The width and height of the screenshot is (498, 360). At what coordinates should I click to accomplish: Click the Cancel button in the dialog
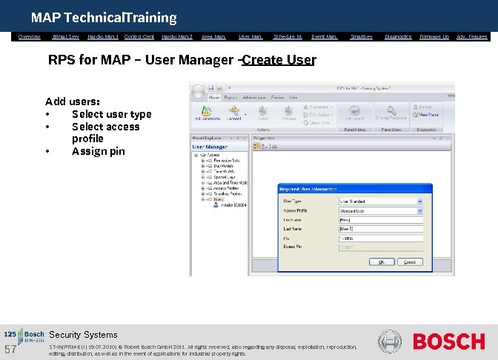click(x=408, y=261)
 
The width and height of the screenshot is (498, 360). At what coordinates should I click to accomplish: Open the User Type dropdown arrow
click(x=420, y=201)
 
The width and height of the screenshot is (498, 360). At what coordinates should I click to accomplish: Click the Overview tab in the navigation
click(x=30, y=36)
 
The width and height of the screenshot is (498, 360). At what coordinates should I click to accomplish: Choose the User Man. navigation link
click(x=250, y=36)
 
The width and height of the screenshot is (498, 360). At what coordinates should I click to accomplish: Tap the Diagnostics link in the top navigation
click(x=398, y=36)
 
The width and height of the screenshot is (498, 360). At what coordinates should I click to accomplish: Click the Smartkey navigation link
click(x=361, y=36)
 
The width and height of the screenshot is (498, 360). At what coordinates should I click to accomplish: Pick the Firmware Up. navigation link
click(x=434, y=36)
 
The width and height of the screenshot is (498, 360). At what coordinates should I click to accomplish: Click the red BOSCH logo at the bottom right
click(x=448, y=341)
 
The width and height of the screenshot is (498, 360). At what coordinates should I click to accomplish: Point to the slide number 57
click(x=10, y=350)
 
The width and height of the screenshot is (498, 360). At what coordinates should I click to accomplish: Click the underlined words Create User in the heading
click(x=279, y=60)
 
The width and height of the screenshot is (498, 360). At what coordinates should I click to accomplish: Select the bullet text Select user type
click(x=111, y=114)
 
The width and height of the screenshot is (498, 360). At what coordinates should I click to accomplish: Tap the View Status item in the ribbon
click(x=429, y=115)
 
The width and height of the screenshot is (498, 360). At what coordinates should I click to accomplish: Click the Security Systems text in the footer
click(x=83, y=335)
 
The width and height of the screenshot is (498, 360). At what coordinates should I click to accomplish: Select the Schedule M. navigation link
click(x=288, y=36)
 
